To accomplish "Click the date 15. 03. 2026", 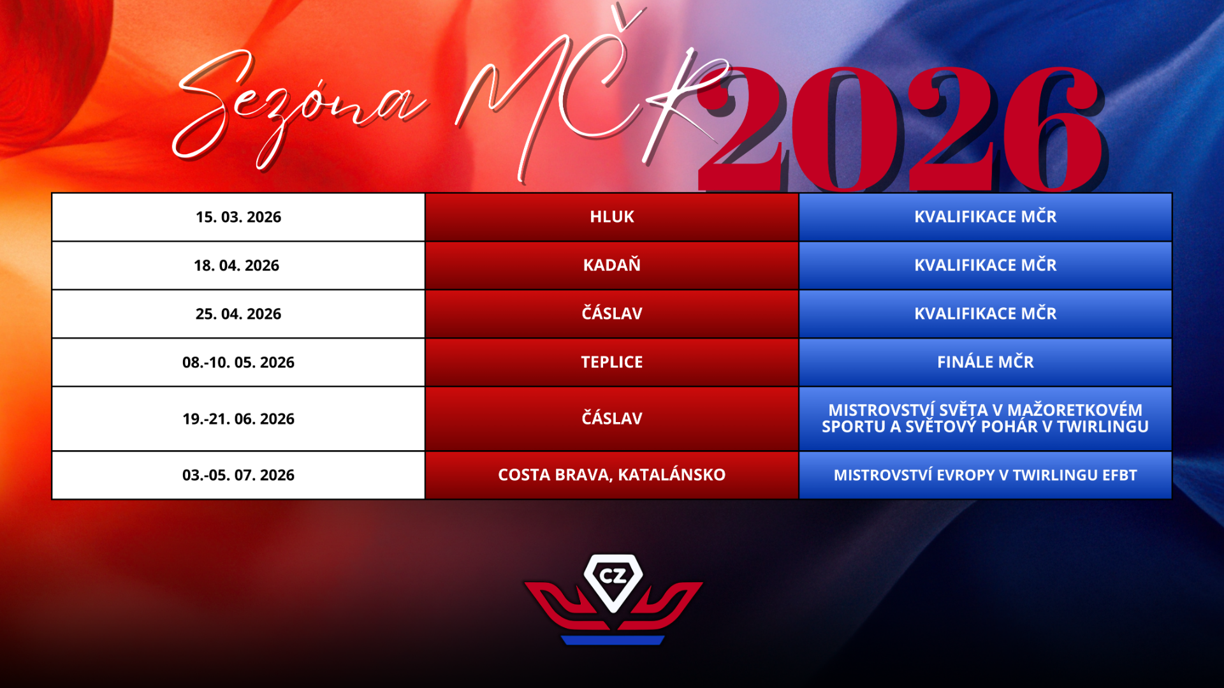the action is [x=238, y=217].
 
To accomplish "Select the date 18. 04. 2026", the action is [x=237, y=266].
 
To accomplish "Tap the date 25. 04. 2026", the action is [x=238, y=314].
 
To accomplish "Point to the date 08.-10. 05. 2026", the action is [x=238, y=363].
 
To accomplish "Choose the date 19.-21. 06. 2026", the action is [x=238, y=419].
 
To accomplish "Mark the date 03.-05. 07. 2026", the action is [x=238, y=475].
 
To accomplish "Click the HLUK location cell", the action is [x=612, y=217].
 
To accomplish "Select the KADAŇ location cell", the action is [x=612, y=265].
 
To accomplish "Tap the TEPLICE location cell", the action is [x=612, y=362].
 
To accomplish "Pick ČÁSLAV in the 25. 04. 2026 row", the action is [x=612, y=313].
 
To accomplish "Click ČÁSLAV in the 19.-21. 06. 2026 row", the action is [x=612, y=418].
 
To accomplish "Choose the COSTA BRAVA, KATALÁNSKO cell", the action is [x=612, y=474].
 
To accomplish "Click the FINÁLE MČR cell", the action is [x=986, y=362].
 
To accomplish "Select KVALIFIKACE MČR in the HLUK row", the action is [x=986, y=216].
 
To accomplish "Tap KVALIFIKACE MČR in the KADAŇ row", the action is [x=986, y=265].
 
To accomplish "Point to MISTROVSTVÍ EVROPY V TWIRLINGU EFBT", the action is [x=986, y=475].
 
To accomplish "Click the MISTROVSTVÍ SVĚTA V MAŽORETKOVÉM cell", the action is [x=986, y=418].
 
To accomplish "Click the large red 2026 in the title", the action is [x=902, y=128].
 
